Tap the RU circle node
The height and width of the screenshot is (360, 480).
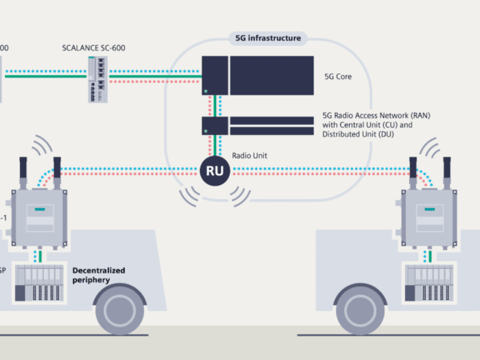pyautogui.click(x=215, y=171)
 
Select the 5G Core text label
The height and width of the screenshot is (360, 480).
pyautogui.click(x=338, y=77)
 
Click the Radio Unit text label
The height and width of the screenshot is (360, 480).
pyautogui.click(x=250, y=155)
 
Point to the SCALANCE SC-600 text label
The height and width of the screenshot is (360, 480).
pyautogui.click(x=94, y=47)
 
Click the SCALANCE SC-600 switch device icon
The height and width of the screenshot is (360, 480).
pyautogui.click(x=97, y=79)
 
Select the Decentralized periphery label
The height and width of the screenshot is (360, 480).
pyautogui.click(x=98, y=275)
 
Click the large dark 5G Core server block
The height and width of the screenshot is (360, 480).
pyautogui.click(x=271, y=76)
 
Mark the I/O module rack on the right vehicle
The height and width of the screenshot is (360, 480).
pyautogui.click(x=430, y=283)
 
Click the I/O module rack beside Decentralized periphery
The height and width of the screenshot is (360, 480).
pyautogui.click(x=38, y=283)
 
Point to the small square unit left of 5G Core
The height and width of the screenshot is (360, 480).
pyautogui.click(x=214, y=76)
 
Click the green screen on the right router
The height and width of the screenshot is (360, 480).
pyautogui.click(x=430, y=209)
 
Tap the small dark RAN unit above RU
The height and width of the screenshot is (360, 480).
pyautogui.click(x=214, y=125)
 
